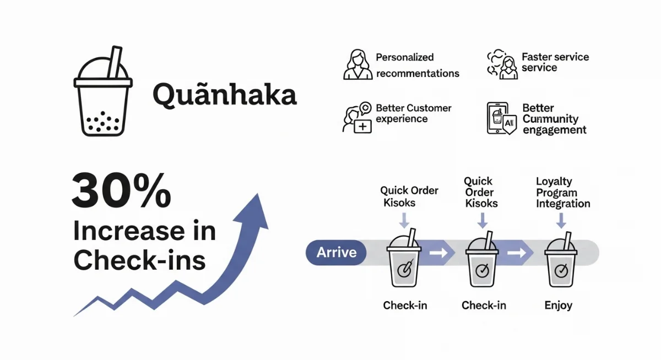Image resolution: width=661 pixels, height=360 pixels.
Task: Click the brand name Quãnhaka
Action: coord(224,94)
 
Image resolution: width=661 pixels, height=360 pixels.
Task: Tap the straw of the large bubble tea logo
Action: coord(115,62)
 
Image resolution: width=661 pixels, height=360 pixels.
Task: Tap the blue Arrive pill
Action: coord(337,253)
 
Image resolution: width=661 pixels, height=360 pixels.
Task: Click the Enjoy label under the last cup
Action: coord(559,305)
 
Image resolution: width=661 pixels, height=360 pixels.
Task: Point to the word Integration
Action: coord(563,204)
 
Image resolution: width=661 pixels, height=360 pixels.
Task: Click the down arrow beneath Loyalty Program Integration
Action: coord(561,220)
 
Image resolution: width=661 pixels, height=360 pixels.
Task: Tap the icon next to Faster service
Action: coord(502,64)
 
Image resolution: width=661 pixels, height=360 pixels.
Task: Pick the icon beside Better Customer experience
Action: coord(357,117)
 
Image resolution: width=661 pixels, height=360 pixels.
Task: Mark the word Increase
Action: coord(123,232)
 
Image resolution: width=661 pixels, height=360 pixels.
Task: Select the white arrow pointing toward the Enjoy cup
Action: coord(516,253)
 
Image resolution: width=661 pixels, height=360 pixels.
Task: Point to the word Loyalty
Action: coord(554,182)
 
